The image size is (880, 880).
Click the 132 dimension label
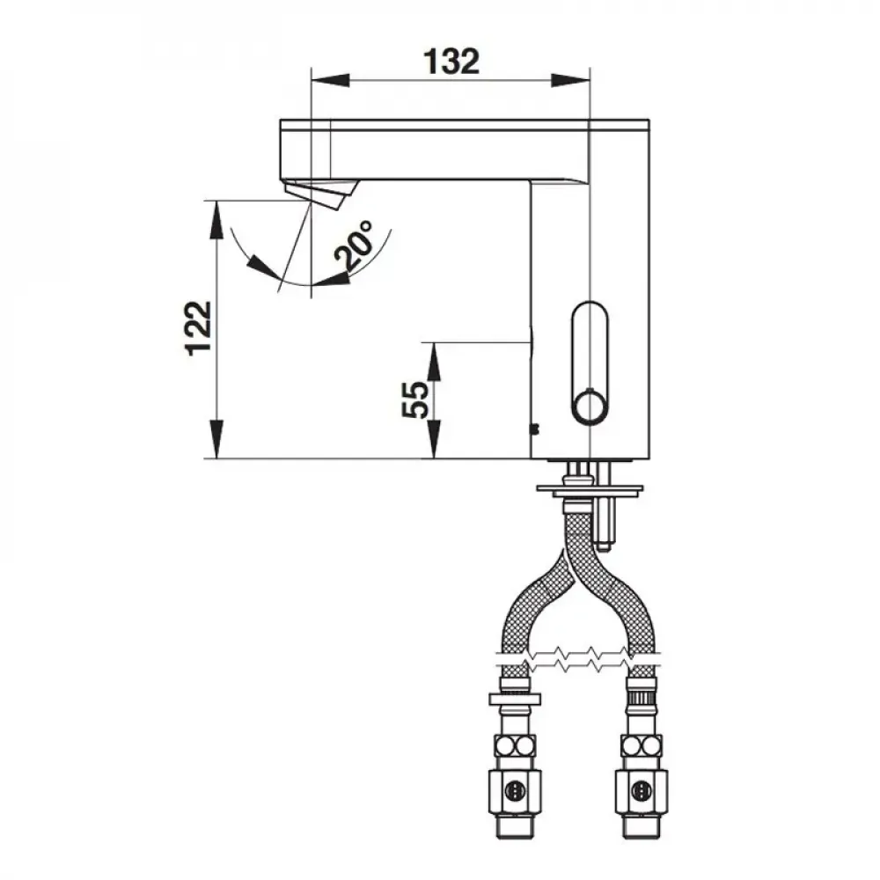pos(451,62)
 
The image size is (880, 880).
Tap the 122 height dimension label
pos(199,328)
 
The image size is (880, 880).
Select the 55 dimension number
pos(416,400)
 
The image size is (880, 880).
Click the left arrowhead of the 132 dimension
pos(330,80)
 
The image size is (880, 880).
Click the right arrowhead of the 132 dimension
pos(570,80)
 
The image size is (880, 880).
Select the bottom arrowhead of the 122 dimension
pos(216,439)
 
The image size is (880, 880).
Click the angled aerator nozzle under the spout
pos(320,193)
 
